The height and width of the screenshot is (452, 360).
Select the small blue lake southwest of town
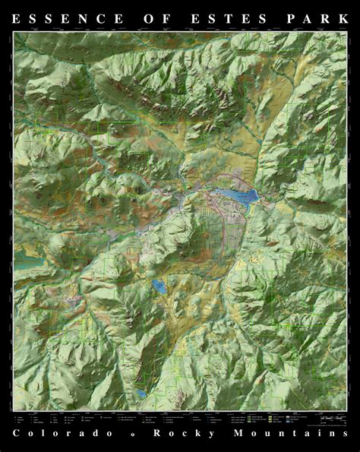coord(160,286)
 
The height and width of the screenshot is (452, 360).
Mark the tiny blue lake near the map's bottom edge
coord(143,394)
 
